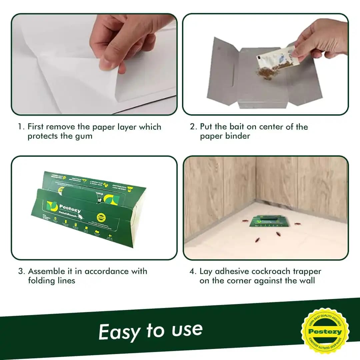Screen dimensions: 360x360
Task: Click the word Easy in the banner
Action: [x=119, y=332]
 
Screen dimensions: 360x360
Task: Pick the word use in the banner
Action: [x=187, y=330]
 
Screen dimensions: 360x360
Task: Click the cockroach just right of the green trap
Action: [x=296, y=224]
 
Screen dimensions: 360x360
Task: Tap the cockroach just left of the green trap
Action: [x=244, y=221]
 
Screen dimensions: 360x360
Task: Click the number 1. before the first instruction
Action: [x=21, y=127]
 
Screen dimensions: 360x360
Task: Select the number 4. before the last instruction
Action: [x=193, y=271]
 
